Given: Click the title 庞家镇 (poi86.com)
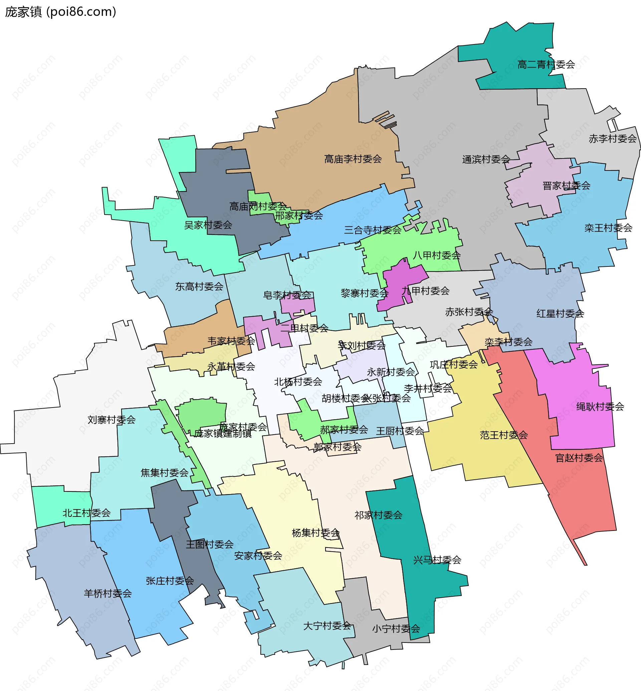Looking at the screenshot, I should [61, 12].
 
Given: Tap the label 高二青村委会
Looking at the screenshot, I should [546, 65].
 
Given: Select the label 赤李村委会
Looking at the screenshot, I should [613, 139].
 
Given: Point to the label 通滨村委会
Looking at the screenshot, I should [486, 159].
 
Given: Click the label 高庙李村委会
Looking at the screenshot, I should [353, 159].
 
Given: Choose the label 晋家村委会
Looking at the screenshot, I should [566, 186].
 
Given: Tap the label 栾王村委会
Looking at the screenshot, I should [608, 228].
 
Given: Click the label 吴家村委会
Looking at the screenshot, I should [208, 225].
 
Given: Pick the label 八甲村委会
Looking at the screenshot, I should [436, 255].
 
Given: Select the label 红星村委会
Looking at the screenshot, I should [560, 314].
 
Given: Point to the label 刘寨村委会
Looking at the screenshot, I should [112, 420].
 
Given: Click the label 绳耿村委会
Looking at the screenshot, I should [600, 407].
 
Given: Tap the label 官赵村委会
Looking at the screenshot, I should [579, 458].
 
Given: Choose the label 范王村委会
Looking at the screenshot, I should [504, 435].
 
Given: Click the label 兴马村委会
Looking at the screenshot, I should [437, 560].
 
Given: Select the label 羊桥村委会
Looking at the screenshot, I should [108, 593].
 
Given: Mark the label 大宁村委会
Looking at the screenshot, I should [327, 626].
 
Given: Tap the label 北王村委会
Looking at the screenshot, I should [86, 513].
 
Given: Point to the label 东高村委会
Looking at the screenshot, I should [199, 286].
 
